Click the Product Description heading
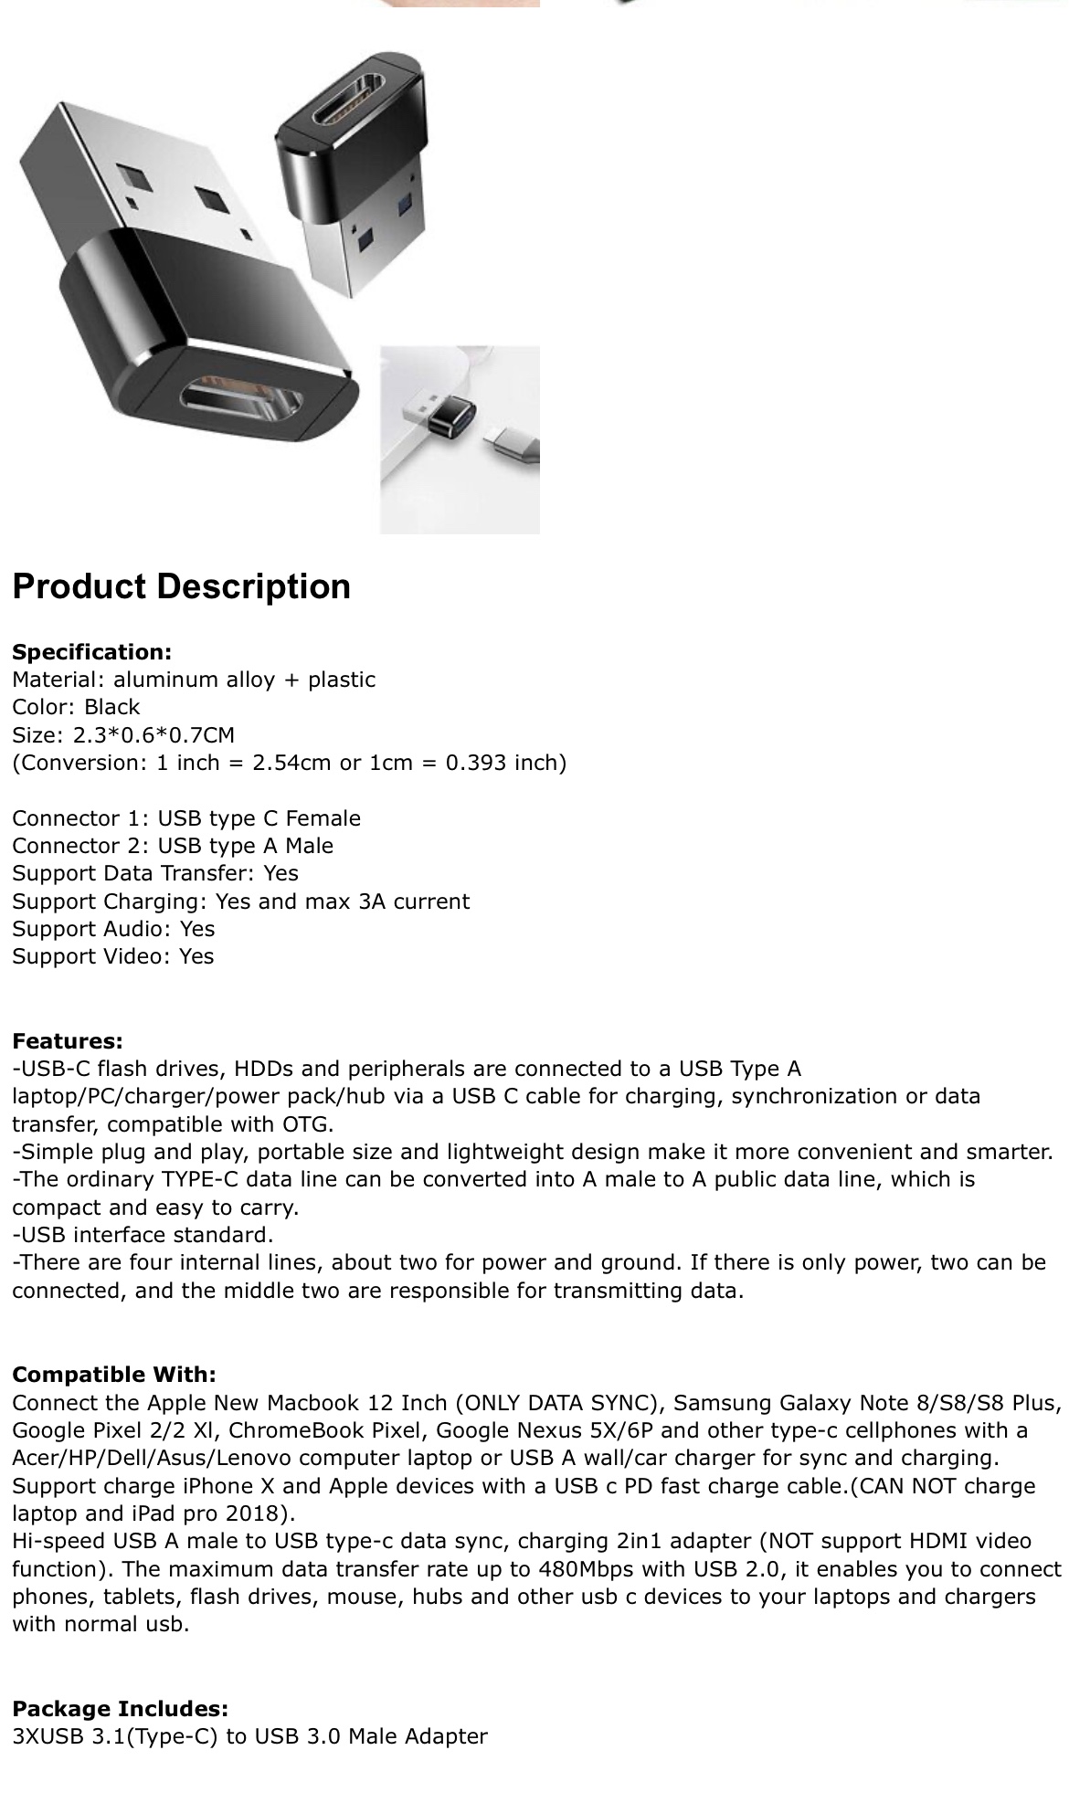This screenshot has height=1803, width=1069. click(181, 586)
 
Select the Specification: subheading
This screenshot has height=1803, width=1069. click(91, 652)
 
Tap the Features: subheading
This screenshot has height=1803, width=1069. click(67, 1041)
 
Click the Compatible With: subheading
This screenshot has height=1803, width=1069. click(114, 1375)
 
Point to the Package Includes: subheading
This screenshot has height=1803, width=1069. click(120, 1709)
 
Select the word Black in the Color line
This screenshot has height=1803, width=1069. click(111, 707)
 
